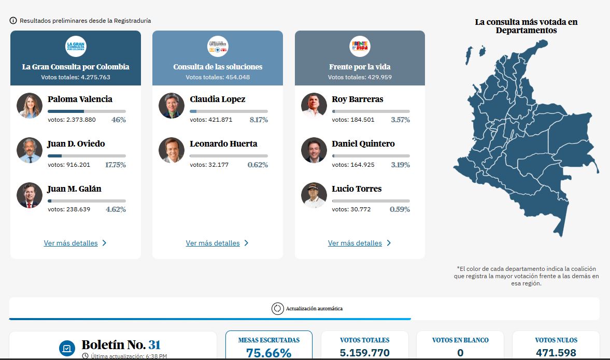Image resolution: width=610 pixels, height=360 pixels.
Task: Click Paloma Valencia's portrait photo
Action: [29, 106]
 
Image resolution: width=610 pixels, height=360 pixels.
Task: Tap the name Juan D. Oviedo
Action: [76, 144]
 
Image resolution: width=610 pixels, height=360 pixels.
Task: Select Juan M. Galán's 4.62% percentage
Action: [116, 210]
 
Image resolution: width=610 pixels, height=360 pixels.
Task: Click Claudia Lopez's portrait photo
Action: [172, 106]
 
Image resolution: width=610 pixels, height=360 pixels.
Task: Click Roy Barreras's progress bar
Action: [371, 111]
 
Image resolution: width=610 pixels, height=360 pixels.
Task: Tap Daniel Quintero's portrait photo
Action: [314, 150]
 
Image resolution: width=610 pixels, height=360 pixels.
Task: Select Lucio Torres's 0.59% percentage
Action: [400, 210]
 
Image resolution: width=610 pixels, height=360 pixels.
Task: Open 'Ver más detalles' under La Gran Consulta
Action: [71, 243]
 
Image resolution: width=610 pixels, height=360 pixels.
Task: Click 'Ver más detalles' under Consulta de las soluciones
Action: [213, 243]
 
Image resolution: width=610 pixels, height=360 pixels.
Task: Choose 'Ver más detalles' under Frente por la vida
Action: [355, 243]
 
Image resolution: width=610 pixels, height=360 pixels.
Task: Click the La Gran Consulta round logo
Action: [76, 46]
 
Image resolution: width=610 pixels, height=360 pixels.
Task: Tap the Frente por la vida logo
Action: [360, 46]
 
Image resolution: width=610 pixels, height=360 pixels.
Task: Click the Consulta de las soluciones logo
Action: [218, 46]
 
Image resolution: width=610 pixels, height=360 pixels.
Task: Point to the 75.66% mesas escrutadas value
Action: [268, 353]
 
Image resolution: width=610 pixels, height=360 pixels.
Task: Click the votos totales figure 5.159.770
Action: [364, 353]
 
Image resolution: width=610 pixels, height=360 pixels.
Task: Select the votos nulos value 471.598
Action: [556, 353]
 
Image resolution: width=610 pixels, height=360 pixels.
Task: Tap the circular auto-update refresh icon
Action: [277, 308]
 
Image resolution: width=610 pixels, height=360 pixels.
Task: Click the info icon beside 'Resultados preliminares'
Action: [13, 21]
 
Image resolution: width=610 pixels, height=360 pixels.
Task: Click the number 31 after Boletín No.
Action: [154, 345]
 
